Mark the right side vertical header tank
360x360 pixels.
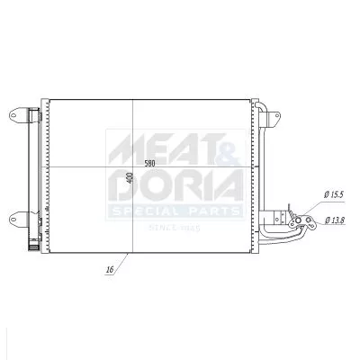tap(255, 171)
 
